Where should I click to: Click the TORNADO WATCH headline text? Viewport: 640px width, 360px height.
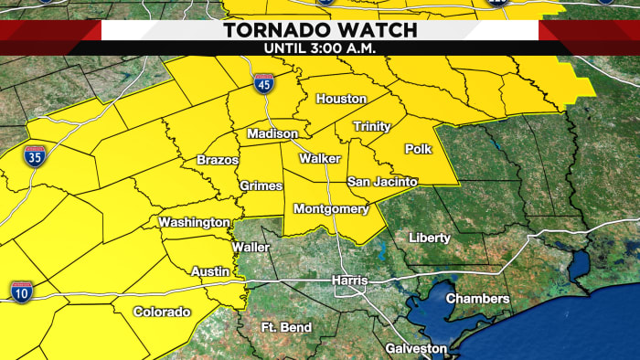pos(320,30)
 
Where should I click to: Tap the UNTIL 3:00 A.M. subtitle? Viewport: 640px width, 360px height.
pos(320,48)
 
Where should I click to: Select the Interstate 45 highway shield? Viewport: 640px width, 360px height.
pos(263,84)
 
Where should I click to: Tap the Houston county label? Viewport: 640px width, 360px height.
pos(341,99)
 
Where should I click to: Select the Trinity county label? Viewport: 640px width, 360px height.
pos(372,126)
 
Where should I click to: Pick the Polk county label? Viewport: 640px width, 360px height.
pos(417,148)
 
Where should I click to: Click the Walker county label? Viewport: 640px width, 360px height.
pos(320,159)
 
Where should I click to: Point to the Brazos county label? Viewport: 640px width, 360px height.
pos(218,161)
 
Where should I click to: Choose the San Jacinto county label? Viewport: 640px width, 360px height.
pos(382,183)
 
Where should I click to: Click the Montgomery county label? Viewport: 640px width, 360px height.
pos(331,209)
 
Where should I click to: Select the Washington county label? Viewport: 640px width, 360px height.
pos(194,222)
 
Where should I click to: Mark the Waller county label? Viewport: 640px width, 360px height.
pos(251,248)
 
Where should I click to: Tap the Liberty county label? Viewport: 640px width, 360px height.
pos(429,238)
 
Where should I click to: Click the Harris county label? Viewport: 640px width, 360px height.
pos(348,280)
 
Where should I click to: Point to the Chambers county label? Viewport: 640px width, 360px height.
pos(477,299)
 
